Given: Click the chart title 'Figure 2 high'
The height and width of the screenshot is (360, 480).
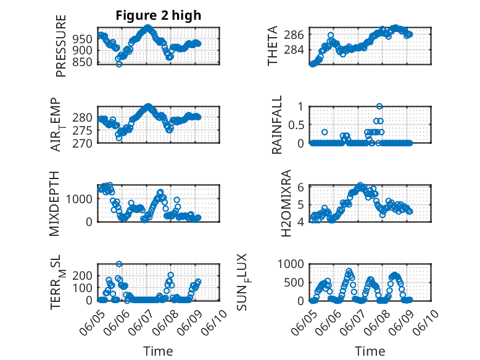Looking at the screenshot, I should pyautogui.click(x=159, y=15).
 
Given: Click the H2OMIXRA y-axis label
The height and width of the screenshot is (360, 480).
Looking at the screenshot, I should pyautogui.click(x=286, y=203).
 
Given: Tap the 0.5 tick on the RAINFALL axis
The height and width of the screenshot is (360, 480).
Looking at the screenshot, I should pyautogui.click(x=296, y=125).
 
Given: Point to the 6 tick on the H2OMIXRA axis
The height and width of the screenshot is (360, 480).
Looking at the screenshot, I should pyautogui.click(x=302, y=187).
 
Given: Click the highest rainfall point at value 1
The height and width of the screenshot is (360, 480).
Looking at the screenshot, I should pyautogui.click(x=379, y=106).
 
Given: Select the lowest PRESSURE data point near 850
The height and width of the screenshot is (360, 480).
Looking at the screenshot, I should pyautogui.click(x=119, y=64).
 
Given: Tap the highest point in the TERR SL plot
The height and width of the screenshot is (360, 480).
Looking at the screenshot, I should pyautogui.click(x=118, y=264).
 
